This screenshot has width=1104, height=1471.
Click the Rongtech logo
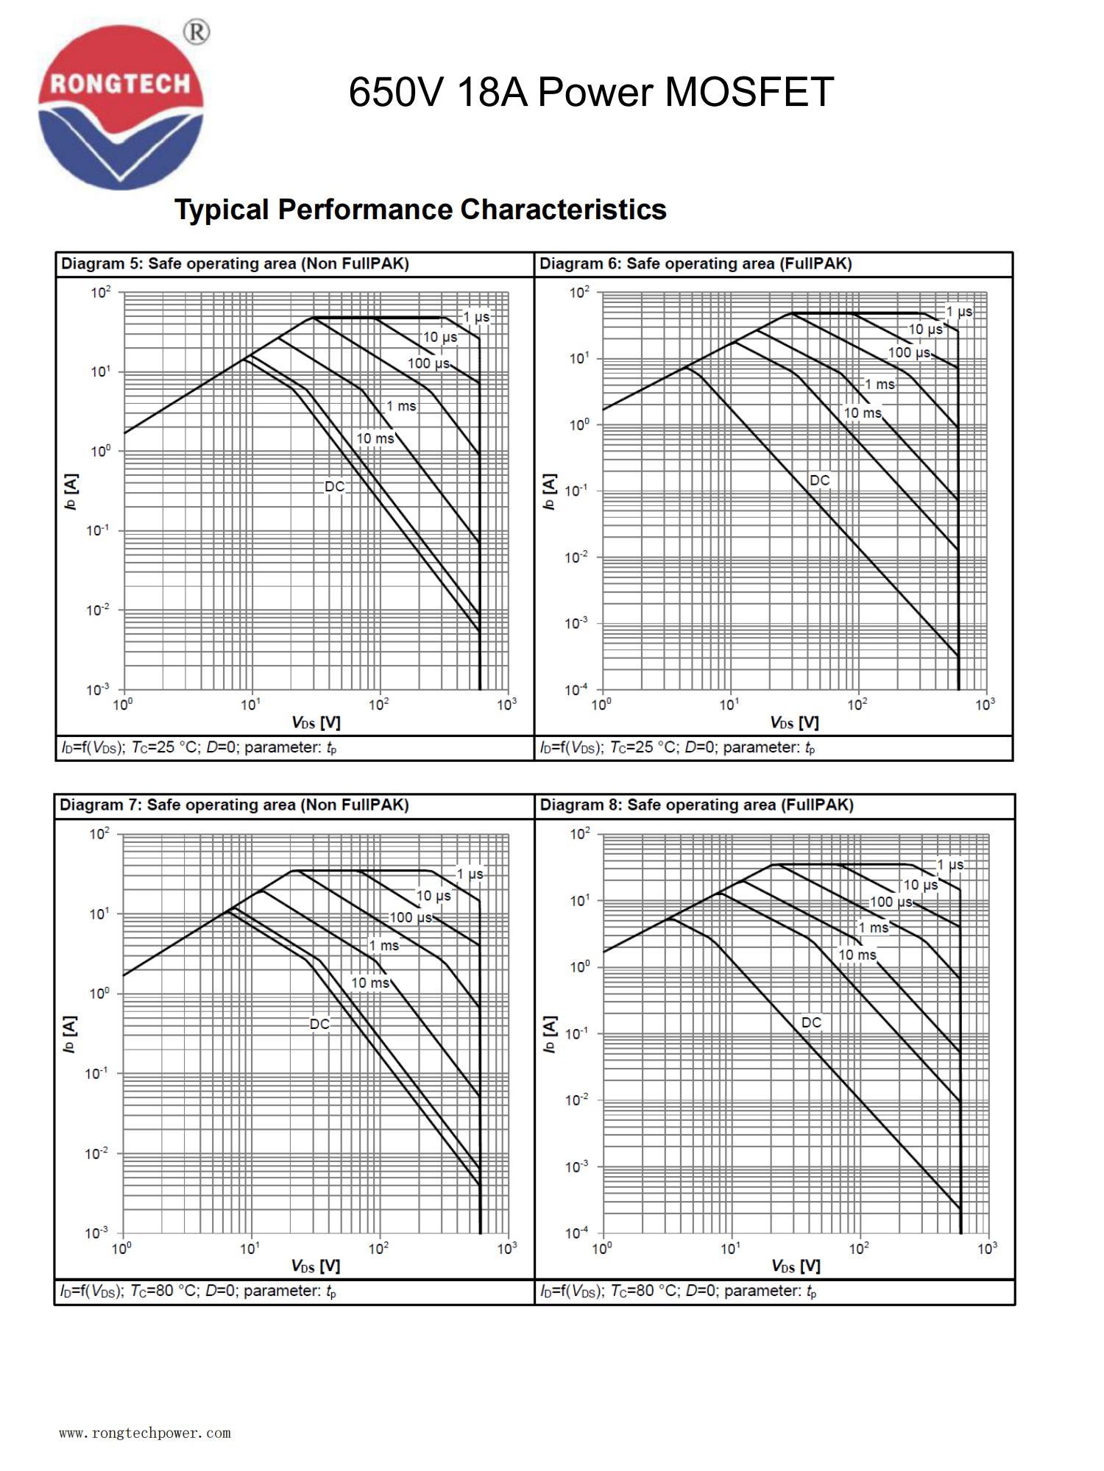pyautogui.click(x=121, y=107)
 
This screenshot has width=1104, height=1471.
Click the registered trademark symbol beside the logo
pyautogui.click(x=197, y=32)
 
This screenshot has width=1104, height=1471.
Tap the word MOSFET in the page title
pyautogui.click(x=749, y=93)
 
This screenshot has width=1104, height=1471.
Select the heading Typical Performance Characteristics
pyautogui.click(x=420, y=210)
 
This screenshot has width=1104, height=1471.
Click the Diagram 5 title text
pyautogui.click(x=235, y=264)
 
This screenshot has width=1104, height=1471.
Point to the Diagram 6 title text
pyautogui.click(x=696, y=264)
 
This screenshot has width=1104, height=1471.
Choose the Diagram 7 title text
pyautogui.click(x=234, y=805)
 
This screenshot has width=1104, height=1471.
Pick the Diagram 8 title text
pyautogui.click(x=696, y=805)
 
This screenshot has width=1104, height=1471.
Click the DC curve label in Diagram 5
pyautogui.click(x=334, y=487)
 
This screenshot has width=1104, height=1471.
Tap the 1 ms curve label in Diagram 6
pyautogui.click(x=880, y=385)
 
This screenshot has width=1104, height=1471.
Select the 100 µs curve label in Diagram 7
pyautogui.click(x=411, y=918)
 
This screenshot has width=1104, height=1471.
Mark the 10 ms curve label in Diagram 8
pyautogui.click(x=857, y=955)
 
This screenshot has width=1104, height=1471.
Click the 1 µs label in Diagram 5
pyautogui.click(x=476, y=317)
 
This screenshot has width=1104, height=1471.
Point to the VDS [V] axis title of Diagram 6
pyautogui.click(x=794, y=723)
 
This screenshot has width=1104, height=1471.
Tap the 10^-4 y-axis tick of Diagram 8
pyautogui.click(x=576, y=1232)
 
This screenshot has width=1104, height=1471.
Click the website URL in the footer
pyautogui.click(x=145, y=1433)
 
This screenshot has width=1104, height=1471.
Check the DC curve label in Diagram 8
pyautogui.click(x=811, y=1023)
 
